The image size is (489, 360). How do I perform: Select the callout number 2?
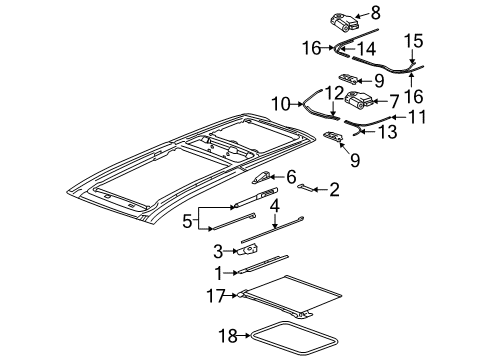tap(335, 187)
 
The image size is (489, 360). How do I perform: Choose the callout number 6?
tap(291, 177)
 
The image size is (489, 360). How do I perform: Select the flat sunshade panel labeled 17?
tap(299, 295)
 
